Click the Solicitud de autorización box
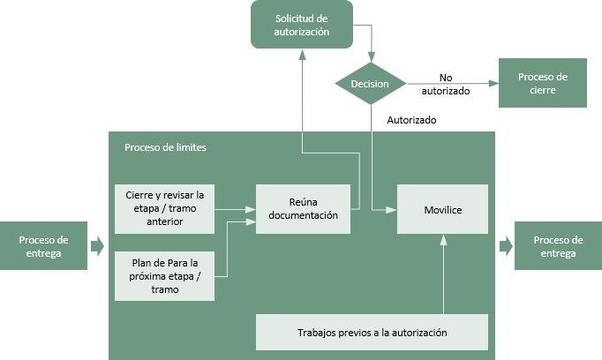click(x=302, y=25)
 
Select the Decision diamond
click(x=371, y=84)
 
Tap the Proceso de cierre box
click(x=543, y=83)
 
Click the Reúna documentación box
click(x=303, y=209)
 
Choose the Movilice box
click(x=442, y=209)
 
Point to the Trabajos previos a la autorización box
click(x=372, y=333)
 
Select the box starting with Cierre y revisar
click(x=165, y=209)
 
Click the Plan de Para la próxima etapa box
click(x=165, y=276)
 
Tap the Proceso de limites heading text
click(x=165, y=147)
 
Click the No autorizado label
click(x=446, y=84)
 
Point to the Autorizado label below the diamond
click(x=411, y=120)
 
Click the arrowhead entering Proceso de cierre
click(x=493, y=83)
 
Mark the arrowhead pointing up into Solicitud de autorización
click(x=302, y=55)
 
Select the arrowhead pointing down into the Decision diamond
click(x=371, y=56)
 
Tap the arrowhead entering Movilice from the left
click(x=392, y=210)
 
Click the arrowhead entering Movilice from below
click(x=443, y=240)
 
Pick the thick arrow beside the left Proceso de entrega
click(x=97, y=245)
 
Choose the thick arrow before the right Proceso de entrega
click(x=506, y=245)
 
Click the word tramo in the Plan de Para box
click(x=165, y=289)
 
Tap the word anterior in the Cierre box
click(x=165, y=221)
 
